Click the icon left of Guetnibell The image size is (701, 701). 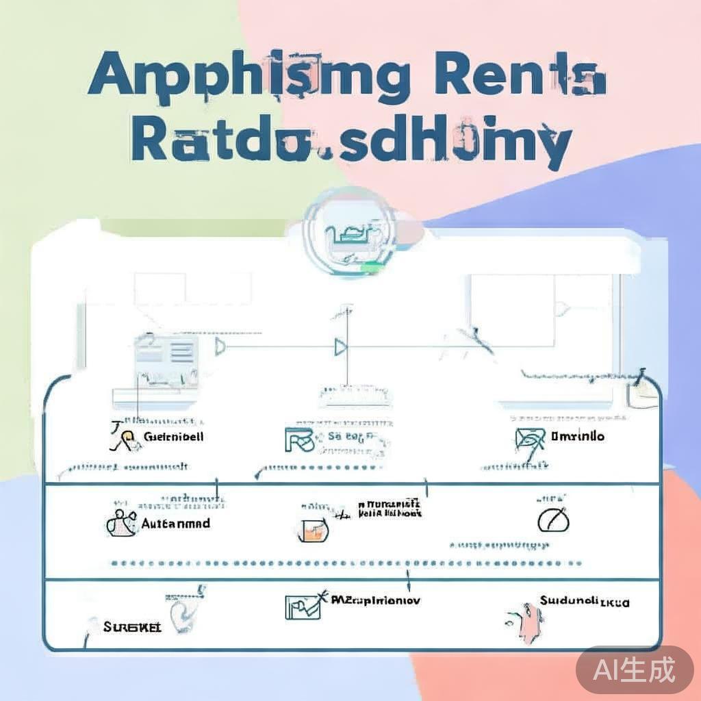[x=123, y=437]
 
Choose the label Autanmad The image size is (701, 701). [x=175, y=523]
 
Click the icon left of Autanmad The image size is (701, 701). [x=120, y=522]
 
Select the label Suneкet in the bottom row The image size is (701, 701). [x=132, y=626]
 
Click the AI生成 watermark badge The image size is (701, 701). [x=634, y=669]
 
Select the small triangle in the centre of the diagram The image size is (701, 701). [x=340, y=348]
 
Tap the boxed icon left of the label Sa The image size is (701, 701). [x=298, y=439]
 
